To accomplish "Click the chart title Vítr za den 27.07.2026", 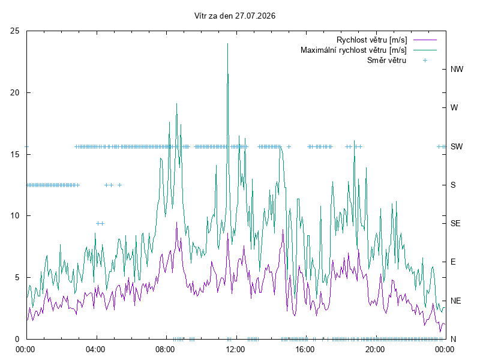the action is point(235,16).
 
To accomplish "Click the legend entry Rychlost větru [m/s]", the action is point(372,40).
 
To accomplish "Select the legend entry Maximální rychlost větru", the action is point(353,50).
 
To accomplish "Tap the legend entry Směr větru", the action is point(386,61).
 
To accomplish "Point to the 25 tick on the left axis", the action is point(14,31).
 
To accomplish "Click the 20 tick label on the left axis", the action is point(14,93).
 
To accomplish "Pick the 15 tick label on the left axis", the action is point(14,155).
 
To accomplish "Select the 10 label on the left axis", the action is point(14,216).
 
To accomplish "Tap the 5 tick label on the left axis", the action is point(17,278).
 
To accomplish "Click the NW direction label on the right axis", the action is point(457,69).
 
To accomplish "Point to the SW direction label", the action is point(457,146).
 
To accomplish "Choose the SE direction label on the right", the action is point(455,223).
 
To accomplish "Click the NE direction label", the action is point(455,301).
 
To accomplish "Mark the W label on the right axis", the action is point(454,108).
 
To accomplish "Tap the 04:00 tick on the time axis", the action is point(95,349).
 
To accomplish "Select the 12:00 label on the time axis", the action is point(235,349).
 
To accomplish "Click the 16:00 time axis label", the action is point(305,349).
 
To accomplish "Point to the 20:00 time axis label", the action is point(375,349).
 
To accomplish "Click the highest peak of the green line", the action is point(227,43).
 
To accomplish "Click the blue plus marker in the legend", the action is point(425,61).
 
